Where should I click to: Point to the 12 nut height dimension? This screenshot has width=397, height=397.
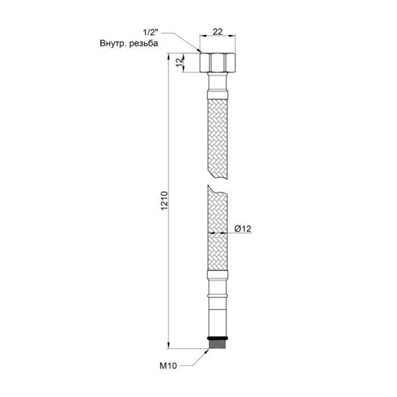coord(178,63)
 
